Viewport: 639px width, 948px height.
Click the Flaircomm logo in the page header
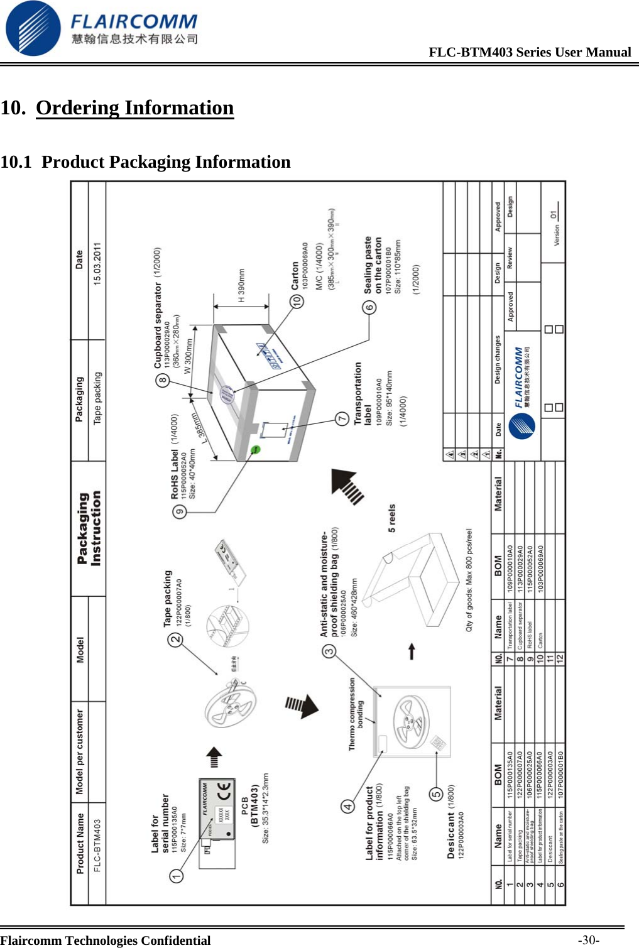point(101,28)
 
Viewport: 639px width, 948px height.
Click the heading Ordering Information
point(134,108)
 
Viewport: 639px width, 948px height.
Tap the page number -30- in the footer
point(588,940)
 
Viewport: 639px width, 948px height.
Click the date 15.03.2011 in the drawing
point(97,264)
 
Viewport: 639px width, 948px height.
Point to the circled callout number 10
point(297,301)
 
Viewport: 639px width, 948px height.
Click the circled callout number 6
point(369,307)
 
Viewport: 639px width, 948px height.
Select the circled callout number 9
point(180,512)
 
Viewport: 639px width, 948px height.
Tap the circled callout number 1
point(177,876)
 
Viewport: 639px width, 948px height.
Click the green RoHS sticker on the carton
point(256,449)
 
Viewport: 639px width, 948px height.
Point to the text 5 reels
point(392,518)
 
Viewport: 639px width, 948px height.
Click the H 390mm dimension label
point(242,286)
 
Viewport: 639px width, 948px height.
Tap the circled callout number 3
point(329,651)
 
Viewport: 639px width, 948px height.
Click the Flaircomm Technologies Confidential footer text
point(106,940)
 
